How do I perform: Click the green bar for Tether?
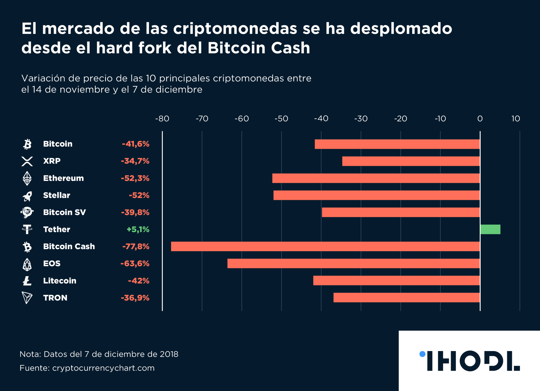tap(490, 229)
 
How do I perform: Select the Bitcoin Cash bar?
tap(325, 247)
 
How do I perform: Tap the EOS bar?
tap(354, 264)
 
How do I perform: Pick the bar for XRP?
tap(411, 161)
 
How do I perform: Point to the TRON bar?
tap(406, 298)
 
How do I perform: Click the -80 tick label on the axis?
tap(162, 119)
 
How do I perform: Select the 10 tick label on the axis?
tap(516, 119)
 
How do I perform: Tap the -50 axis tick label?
tap(281, 119)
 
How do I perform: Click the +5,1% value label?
tap(138, 229)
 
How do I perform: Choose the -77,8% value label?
tap(136, 247)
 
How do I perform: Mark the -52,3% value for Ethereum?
tap(135, 178)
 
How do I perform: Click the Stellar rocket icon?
tap(27, 195)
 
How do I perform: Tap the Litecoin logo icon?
tap(27, 281)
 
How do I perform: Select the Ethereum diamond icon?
tap(27, 178)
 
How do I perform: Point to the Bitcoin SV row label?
tap(64, 212)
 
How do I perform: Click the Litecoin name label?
tap(60, 281)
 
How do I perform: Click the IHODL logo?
tap(470, 361)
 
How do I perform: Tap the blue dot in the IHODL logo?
tap(422, 354)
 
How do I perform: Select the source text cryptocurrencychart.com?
tap(103, 368)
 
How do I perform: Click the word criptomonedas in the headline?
tap(235, 29)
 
